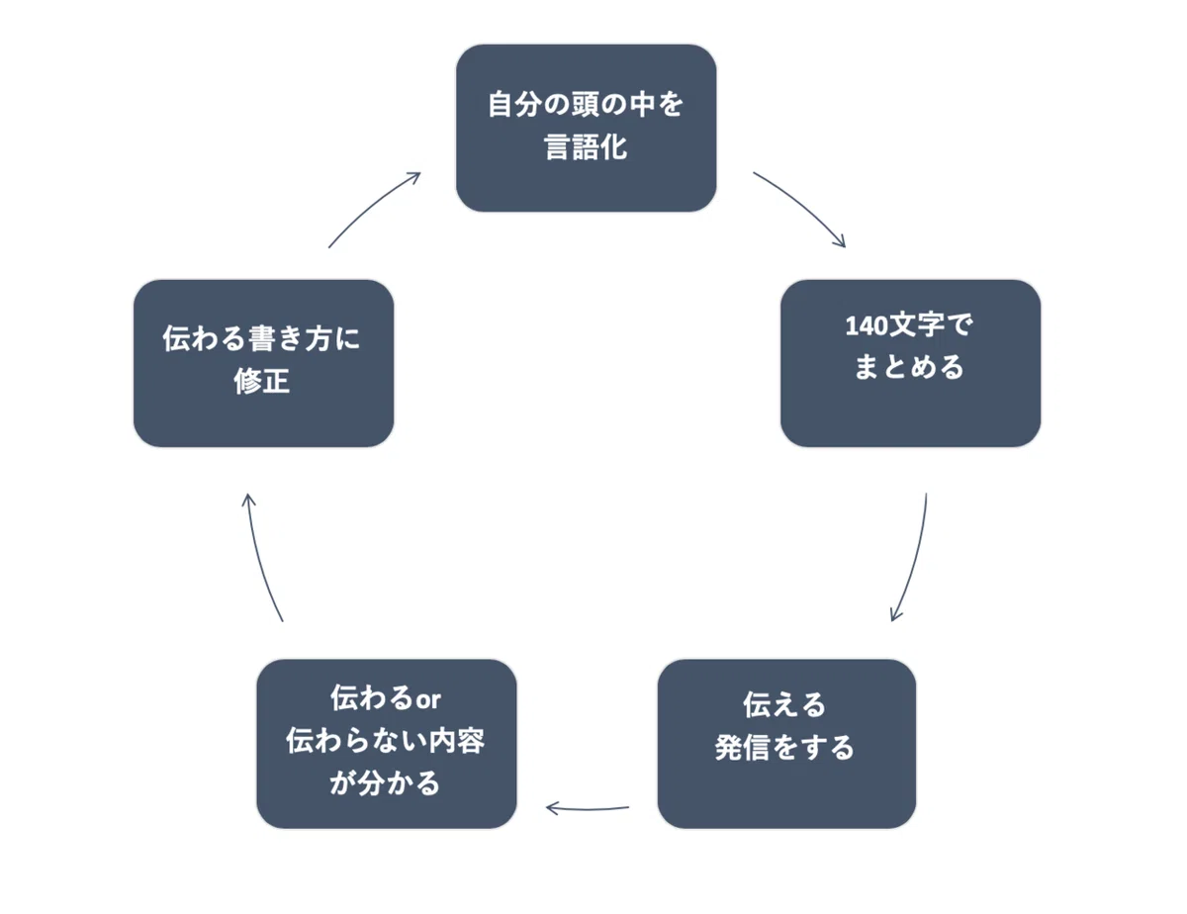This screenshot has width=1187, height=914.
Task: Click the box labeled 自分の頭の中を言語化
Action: coord(587,129)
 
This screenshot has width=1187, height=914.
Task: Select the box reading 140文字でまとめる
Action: coord(911,364)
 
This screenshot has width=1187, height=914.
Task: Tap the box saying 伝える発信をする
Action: coord(786,744)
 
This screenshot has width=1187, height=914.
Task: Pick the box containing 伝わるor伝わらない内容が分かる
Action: coord(387,744)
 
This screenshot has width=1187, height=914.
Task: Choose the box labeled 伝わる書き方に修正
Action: coord(264,364)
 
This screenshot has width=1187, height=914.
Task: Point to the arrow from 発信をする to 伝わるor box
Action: coord(588,809)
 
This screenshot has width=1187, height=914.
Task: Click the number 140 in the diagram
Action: coord(867,326)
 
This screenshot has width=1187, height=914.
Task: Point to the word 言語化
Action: coord(586,147)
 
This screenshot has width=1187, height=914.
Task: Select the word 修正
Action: coord(262,381)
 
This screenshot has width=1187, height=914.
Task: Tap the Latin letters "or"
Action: coord(428,700)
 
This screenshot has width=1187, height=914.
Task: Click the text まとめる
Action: coord(909,367)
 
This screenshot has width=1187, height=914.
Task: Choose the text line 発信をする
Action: coord(784,748)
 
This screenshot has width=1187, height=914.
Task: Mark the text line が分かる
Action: coord(385,783)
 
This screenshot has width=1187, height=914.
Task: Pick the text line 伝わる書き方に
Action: coord(261,338)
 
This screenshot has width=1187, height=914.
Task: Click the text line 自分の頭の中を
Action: coord(585,104)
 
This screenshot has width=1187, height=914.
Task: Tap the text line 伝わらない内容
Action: coord(385,741)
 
